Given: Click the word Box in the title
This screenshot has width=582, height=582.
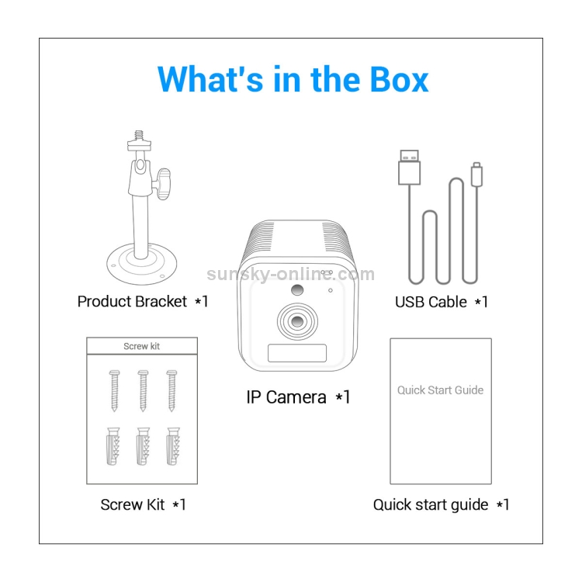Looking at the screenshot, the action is (x=399, y=79).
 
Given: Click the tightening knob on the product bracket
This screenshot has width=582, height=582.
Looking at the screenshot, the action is (x=163, y=183).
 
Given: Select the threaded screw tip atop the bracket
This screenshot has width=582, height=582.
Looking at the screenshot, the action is (x=139, y=135).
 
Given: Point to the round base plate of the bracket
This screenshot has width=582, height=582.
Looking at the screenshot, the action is (x=141, y=264).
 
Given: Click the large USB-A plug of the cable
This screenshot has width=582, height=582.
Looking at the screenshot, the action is (x=409, y=167).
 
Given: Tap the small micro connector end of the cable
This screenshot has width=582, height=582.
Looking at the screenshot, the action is (x=476, y=174).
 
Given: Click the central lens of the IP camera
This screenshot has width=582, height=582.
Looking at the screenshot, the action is (x=297, y=320).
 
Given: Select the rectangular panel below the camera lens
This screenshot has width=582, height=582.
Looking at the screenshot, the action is (x=297, y=352).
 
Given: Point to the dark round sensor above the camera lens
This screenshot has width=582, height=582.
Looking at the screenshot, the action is (x=297, y=290).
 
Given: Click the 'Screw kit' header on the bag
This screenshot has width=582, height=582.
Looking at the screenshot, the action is (x=142, y=346).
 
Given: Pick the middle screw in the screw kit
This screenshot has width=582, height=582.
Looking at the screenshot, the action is (x=143, y=390).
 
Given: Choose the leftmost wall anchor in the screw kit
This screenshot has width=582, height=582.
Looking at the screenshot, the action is (x=113, y=445).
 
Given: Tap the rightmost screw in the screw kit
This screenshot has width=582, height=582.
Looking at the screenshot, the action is (x=171, y=390).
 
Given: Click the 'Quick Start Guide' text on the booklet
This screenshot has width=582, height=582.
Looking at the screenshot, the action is (x=440, y=390).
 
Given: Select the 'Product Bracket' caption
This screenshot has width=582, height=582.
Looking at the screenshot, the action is (x=132, y=301).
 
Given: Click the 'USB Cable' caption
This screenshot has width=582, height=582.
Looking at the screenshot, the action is (x=431, y=302).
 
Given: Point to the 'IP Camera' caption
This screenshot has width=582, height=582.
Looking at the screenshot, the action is (x=286, y=397).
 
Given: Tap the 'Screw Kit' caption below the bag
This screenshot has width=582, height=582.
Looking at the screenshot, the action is (x=133, y=504).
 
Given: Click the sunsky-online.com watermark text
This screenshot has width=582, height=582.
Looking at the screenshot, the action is (x=291, y=274).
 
